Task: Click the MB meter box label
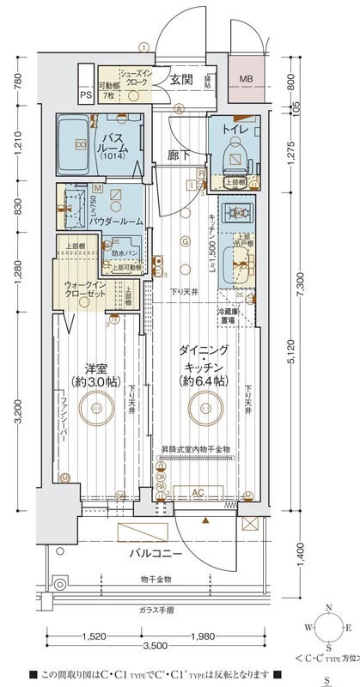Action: tap(247, 81)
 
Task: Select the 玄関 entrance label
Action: tap(180, 80)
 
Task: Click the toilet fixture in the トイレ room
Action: tap(233, 157)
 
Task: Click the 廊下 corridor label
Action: tap(180, 155)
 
